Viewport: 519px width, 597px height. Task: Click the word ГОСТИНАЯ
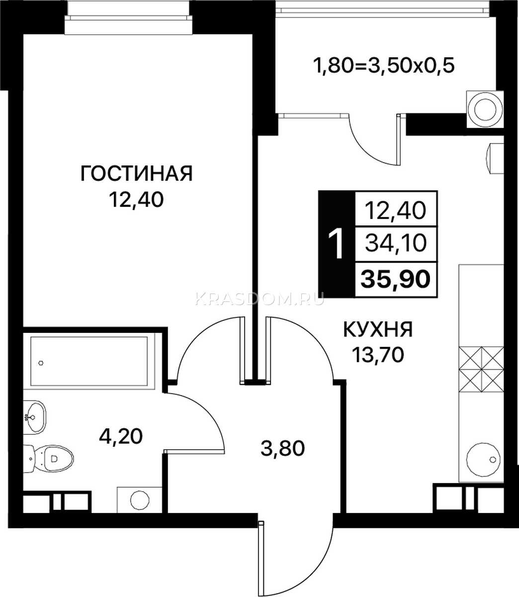pos(136,173)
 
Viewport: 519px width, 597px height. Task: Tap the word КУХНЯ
pos(378,330)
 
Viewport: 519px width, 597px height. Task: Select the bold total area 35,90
pos(395,279)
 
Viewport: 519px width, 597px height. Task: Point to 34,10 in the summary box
pos(396,244)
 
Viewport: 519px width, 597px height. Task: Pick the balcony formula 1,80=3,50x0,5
pos(383,66)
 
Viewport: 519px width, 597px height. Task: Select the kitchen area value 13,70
pos(378,355)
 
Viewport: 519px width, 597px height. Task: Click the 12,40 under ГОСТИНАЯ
pos(136,200)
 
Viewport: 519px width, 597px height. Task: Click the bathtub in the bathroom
pos(89,361)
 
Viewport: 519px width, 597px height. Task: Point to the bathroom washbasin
pos(34,417)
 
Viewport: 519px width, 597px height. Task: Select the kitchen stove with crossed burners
pos(481,370)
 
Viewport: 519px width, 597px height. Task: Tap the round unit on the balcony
pos(485,110)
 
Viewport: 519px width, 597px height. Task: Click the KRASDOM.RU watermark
pos(259,298)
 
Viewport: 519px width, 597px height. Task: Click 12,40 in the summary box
pos(395,210)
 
